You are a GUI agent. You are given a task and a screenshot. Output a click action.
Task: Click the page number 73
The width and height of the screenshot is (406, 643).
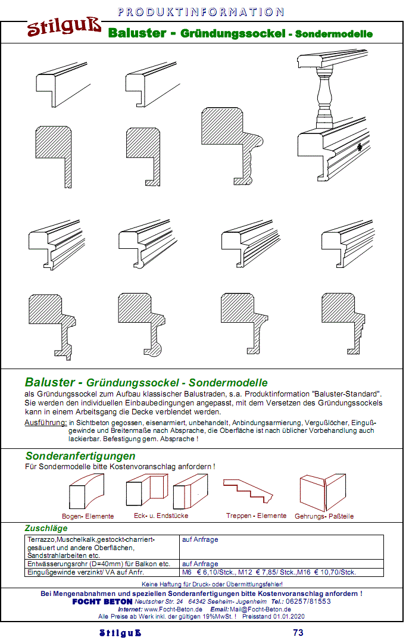(298, 632)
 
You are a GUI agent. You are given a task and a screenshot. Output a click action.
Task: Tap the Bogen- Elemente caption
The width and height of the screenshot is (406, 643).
(88, 516)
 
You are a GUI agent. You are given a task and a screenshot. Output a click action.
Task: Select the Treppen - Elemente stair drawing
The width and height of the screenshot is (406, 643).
(248, 491)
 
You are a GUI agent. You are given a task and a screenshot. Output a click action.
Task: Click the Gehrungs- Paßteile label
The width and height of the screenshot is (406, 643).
(324, 516)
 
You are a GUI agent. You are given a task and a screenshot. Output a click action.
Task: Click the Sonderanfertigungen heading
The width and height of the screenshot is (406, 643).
(80, 456)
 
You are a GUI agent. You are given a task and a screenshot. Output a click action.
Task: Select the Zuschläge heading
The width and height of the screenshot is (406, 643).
(46, 528)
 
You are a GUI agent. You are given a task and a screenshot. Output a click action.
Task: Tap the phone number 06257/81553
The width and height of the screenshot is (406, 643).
(308, 601)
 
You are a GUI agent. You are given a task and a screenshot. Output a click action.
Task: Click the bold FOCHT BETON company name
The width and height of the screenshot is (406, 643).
(102, 601)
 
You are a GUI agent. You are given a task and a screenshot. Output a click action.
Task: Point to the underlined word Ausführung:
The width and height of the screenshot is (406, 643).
(45, 422)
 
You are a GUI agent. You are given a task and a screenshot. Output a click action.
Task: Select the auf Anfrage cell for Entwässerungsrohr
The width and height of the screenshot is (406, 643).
(200, 563)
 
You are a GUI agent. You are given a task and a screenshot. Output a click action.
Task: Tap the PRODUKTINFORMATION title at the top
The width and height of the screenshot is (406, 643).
(201, 12)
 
